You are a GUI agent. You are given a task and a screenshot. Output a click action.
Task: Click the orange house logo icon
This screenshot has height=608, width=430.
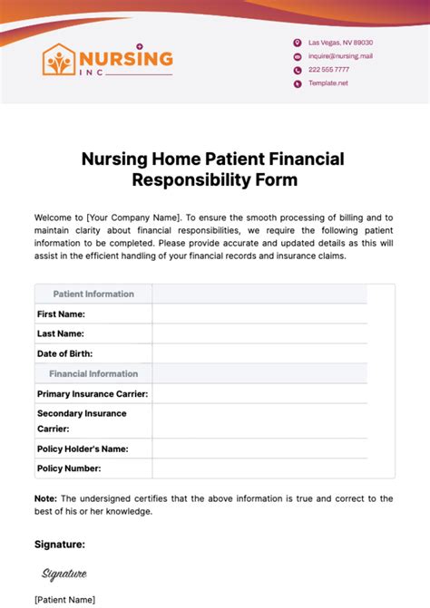point(61,61)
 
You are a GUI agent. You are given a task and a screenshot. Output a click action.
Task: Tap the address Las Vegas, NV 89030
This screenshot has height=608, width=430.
point(340,43)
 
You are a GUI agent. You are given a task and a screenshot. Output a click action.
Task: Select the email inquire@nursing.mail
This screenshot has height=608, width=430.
point(340,56)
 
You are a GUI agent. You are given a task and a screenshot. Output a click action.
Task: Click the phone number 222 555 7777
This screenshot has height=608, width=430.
point(328,70)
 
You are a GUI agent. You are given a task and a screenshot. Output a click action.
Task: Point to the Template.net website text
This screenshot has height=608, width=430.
point(327,82)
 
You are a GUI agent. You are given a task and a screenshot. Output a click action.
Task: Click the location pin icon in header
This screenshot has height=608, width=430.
point(297,43)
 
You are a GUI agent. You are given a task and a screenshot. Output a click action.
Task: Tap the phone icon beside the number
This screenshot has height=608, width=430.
point(297,70)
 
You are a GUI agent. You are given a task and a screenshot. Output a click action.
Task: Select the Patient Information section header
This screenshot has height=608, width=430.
point(93,294)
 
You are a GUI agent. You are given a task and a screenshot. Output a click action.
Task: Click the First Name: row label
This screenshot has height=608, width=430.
point(61,314)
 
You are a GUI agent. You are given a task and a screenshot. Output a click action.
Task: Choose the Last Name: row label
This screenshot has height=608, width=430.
point(61,333)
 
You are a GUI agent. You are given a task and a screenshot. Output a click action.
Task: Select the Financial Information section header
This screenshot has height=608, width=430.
point(93,373)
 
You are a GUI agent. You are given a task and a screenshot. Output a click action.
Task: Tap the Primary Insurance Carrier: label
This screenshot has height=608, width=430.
point(93,393)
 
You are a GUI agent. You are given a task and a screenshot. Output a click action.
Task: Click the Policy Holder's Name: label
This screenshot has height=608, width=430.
point(83,449)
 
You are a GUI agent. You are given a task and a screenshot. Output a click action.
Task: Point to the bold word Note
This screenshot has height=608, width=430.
point(45,498)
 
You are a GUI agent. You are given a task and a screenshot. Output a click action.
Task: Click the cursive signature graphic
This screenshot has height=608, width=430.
point(64,573)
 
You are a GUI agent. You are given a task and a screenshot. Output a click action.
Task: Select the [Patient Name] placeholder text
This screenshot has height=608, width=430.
point(64,599)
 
